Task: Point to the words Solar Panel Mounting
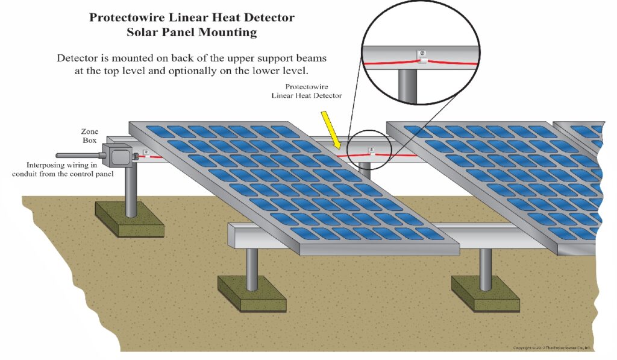[x=192, y=33]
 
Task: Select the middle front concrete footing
[x=251, y=294]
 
